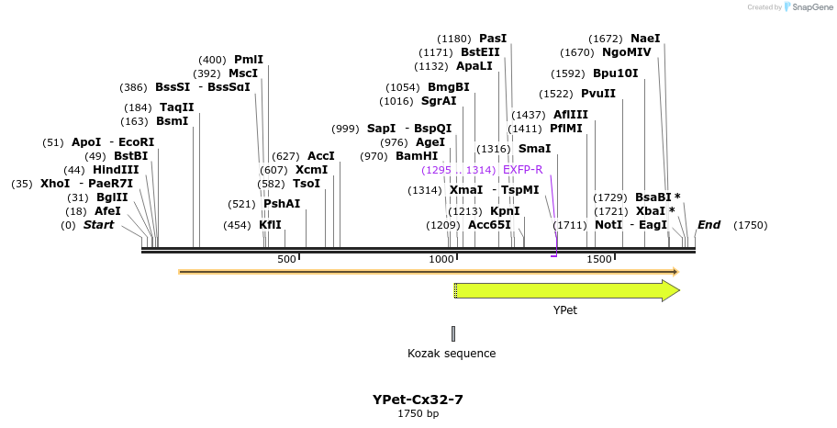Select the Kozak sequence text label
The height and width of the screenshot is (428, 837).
pos(452,354)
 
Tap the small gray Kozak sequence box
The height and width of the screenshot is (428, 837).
pos(452,333)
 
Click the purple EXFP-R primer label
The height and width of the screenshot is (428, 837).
pos(523,170)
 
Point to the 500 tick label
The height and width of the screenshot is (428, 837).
pos(286,260)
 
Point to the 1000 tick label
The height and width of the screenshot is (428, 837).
pos(441,260)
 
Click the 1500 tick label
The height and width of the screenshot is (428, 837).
pos(598,260)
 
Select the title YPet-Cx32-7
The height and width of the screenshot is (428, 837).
pos(418,400)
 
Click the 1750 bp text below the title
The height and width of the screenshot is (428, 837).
pos(418,414)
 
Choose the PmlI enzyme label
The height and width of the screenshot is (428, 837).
pos(248,60)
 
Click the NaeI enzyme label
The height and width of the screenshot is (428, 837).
pos(645,39)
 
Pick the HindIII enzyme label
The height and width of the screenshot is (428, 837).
pos(116,170)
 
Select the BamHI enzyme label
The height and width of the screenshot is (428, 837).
pos(417,156)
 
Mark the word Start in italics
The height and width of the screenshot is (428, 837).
pos(99,225)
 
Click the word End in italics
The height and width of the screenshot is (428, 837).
pos(709,225)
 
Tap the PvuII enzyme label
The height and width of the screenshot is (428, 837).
pos(598,94)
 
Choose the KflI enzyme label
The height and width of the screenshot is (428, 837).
pos(270,225)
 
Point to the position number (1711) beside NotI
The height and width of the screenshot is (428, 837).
pos(569,225)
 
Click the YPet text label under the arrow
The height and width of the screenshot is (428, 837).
pos(565,310)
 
